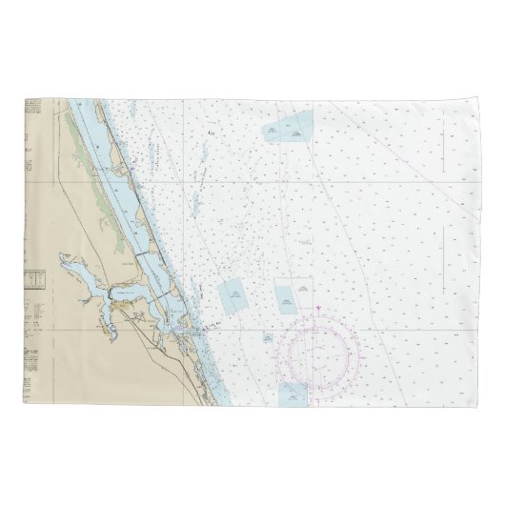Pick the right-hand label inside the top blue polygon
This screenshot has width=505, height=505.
(297, 134)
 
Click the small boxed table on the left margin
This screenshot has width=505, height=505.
(34, 279)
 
